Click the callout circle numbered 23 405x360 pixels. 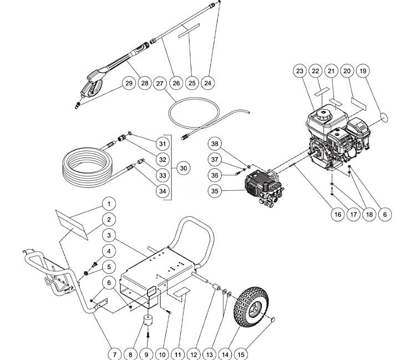click(x=300, y=71)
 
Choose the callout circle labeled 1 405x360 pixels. click(x=109, y=204)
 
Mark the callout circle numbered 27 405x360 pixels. click(x=160, y=83)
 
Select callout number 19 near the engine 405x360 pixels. click(x=362, y=71)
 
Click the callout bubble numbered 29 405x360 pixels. click(x=129, y=83)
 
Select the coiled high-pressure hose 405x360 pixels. click(x=83, y=166)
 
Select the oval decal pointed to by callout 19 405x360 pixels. click(x=383, y=116)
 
